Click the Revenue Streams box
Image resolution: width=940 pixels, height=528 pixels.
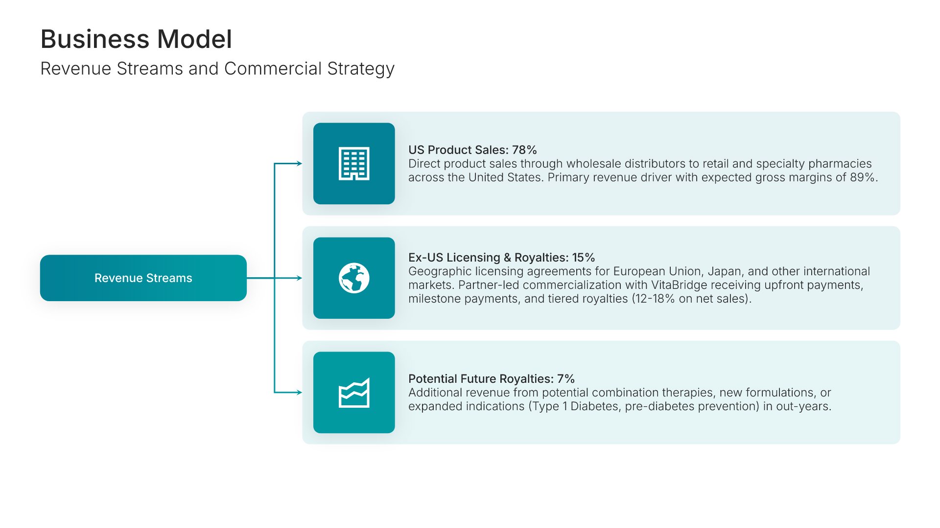(x=143, y=278)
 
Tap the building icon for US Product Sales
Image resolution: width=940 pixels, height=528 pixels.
(x=354, y=163)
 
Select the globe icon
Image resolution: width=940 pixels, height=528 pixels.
(x=354, y=278)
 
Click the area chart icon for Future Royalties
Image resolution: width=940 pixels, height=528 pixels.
(x=354, y=393)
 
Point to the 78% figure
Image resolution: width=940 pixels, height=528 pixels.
(x=524, y=150)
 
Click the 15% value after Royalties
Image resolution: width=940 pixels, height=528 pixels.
(x=584, y=257)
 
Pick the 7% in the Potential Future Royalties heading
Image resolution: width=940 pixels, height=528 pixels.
(x=566, y=378)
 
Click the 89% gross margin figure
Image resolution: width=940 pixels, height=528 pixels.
(x=864, y=177)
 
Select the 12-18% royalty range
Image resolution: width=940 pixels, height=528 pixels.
(x=656, y=298)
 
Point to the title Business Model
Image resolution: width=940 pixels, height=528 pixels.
(x=136, y=39)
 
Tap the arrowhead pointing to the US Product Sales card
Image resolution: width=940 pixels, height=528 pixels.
(x=299, y=163)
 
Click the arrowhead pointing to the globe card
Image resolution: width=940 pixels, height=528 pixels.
(x=299, y=278)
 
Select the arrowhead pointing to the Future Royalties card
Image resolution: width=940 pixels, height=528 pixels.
(x=299, y=392)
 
